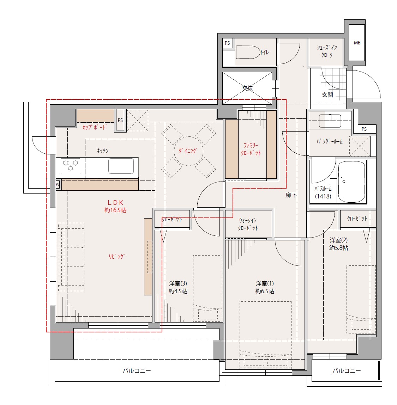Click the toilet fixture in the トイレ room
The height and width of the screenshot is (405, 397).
click(x=248, y=53)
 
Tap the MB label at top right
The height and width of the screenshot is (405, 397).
click(x=357, y=43)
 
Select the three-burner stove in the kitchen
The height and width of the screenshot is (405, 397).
click(x=70, y=166)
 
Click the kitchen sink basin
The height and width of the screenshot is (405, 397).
click(x=121, y=166)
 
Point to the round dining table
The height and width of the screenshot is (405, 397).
click(x=188, y=151)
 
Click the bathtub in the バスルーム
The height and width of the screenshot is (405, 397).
click(x=352, y=182)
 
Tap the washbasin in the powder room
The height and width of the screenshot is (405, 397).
click(x=330, y=121)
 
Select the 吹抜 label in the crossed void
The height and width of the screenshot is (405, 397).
click(x=247, y=88)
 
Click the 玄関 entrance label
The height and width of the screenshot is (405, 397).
click(x=327, y=95)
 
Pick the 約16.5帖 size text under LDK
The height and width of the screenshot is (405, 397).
click(x=115, y=210)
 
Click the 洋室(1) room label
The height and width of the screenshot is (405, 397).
click(x=265, y=284)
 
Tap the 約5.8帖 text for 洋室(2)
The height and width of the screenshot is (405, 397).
click(x=338, y=248)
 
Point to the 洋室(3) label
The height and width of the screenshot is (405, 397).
click(x=178, y=284)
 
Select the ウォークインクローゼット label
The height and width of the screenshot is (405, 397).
click(x=248, y=224)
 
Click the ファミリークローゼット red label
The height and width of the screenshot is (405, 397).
click(x=251, y=149)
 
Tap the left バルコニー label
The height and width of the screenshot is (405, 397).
click(x=137, y=371)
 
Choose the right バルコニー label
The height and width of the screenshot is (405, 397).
click(x=347, y=371)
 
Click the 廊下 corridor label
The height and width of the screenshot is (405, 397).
click(x=291, y=195)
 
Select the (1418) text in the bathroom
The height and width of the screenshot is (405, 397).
click(x=323, y=196)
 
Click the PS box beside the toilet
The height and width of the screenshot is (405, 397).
click(x=227, y=43)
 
